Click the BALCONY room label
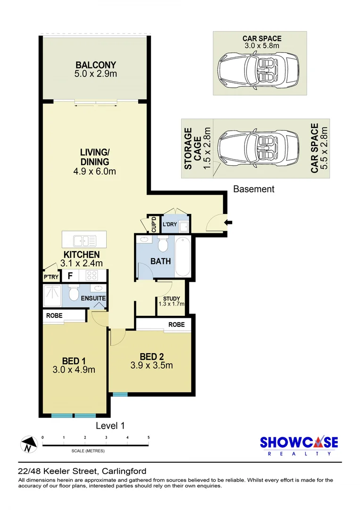tap(96, 65)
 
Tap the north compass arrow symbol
tap(29, 444)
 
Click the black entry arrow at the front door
tap(228, 222)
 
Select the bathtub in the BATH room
tap(183, 256)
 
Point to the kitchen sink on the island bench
tap(84, 241)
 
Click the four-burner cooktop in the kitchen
tap(92, 275)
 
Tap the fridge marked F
tap(70, 276)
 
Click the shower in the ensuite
tap(52, 296)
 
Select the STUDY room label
tap(172, 298)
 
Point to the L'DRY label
tap(169, 224)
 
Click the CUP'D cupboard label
tap(154, 224)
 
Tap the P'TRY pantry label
tap(51, 277)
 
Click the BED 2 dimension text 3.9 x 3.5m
tap(152, 365)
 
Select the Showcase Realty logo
tap(299, 446)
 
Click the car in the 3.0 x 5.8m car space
tap(258, 69)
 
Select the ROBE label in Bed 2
tap(176, 324)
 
